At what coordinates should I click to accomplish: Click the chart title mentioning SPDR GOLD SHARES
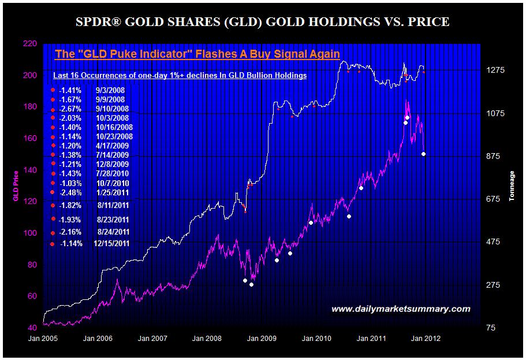pyautogui.click(x=263, y=23)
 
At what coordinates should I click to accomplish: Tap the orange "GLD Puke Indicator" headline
pyautogui.click(x=197, y=54)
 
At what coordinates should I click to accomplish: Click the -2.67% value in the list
pyautogui.click(x=72, y=109)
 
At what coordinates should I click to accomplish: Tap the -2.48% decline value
pyautogui.click(x=72, y=192)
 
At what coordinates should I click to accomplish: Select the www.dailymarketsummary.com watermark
pyautogui.click(x=401, y=309)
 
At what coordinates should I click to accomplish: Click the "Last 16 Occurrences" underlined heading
pyautogui.click(x=180, y=76)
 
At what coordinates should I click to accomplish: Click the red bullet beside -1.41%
pyautogui.click(x=53, y=90)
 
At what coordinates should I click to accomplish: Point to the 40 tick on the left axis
pyautogui.click(x=32, y=328)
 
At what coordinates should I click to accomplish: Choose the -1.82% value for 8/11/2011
pyautogui.click(x=72, y=205)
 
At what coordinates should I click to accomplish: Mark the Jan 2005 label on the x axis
pyautogui.click(x=43, y=338)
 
